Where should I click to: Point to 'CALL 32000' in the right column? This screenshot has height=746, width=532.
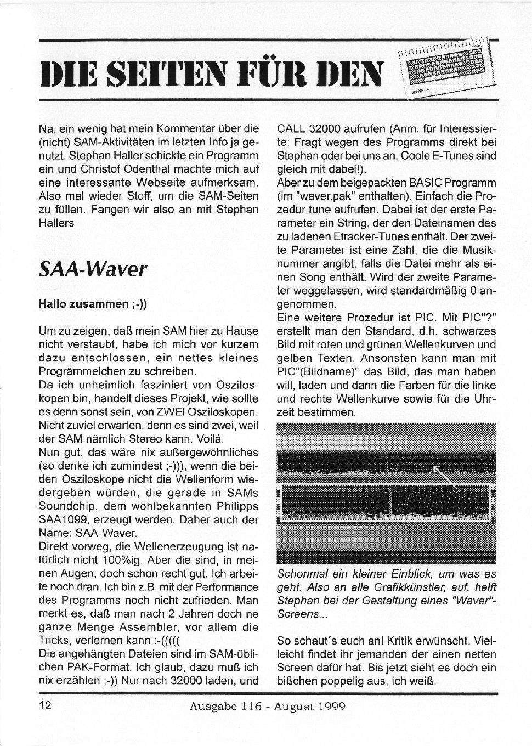306,129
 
